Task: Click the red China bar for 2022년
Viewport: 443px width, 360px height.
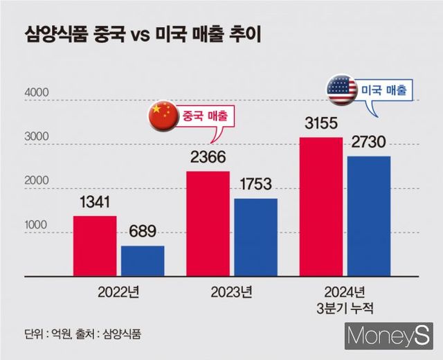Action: (95, 246)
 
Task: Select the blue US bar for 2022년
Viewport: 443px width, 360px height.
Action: (143, 261)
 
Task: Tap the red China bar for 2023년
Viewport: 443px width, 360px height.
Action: (208, 224)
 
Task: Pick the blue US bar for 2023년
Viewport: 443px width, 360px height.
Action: (255, 237)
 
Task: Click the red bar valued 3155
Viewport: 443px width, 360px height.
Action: (321, 206)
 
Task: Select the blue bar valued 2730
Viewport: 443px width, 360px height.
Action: (369, 216)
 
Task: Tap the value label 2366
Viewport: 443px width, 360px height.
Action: (208, 158)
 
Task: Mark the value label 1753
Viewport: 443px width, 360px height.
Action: (255, 186)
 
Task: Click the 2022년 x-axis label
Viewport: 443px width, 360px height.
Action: (119, 291)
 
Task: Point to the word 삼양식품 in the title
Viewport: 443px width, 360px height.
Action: (53, 33)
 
